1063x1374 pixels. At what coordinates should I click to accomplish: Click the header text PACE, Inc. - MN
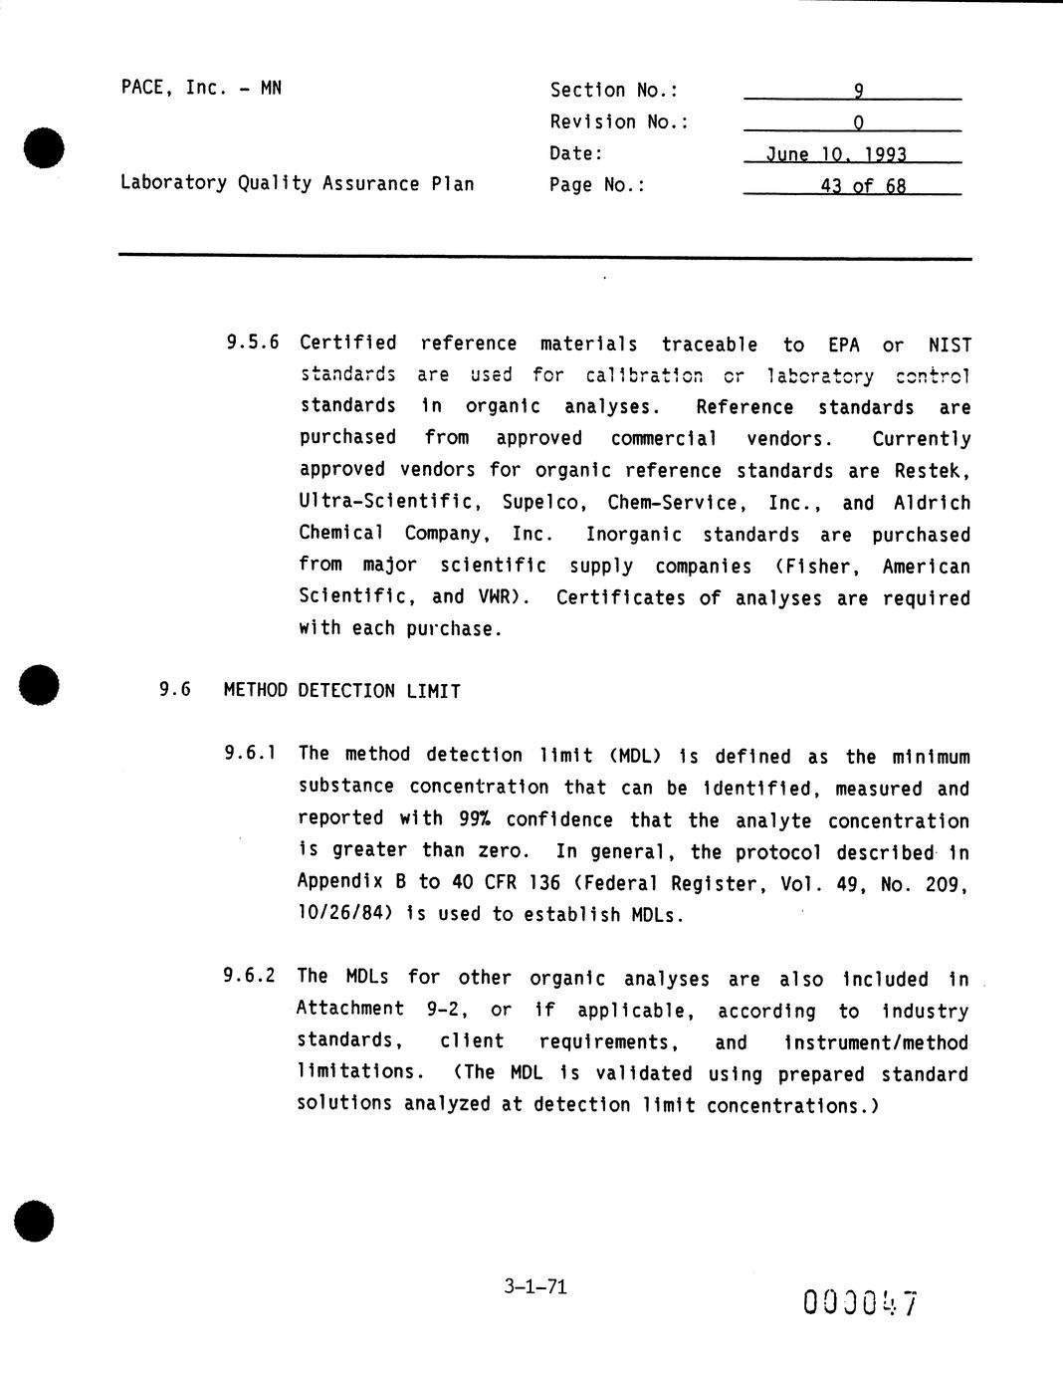click(201, 88)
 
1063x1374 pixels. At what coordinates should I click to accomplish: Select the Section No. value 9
click(858, 91)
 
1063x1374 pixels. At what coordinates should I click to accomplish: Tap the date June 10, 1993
click(836, 155)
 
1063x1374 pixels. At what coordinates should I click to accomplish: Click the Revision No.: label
click(619, 122)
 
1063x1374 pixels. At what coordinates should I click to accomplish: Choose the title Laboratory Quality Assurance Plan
click(297, 183)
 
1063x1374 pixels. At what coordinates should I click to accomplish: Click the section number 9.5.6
click(252, 343)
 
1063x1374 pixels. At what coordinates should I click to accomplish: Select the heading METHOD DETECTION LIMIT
click(341, 691)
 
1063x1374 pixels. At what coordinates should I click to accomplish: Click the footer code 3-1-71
click(535, 1286)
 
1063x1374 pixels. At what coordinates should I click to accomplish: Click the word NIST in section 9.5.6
click(949, 344)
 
